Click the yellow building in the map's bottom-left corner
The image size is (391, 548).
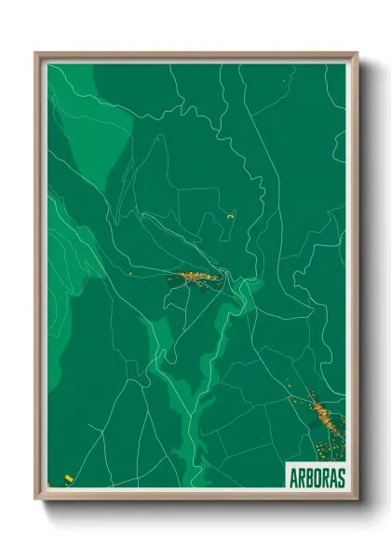coord(68,479)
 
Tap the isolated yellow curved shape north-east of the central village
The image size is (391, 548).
coord(228,217)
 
